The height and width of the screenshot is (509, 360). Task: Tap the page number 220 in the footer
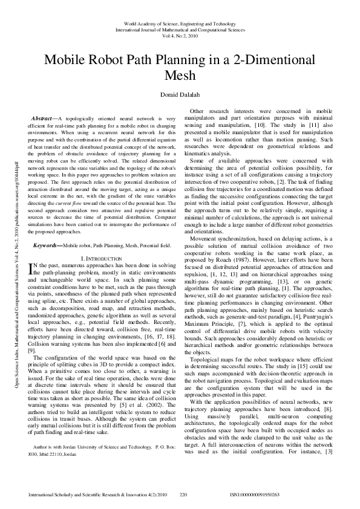point(184,495)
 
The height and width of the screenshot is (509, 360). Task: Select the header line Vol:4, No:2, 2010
point(180,36)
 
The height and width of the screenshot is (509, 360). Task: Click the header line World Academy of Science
point(180,23)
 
